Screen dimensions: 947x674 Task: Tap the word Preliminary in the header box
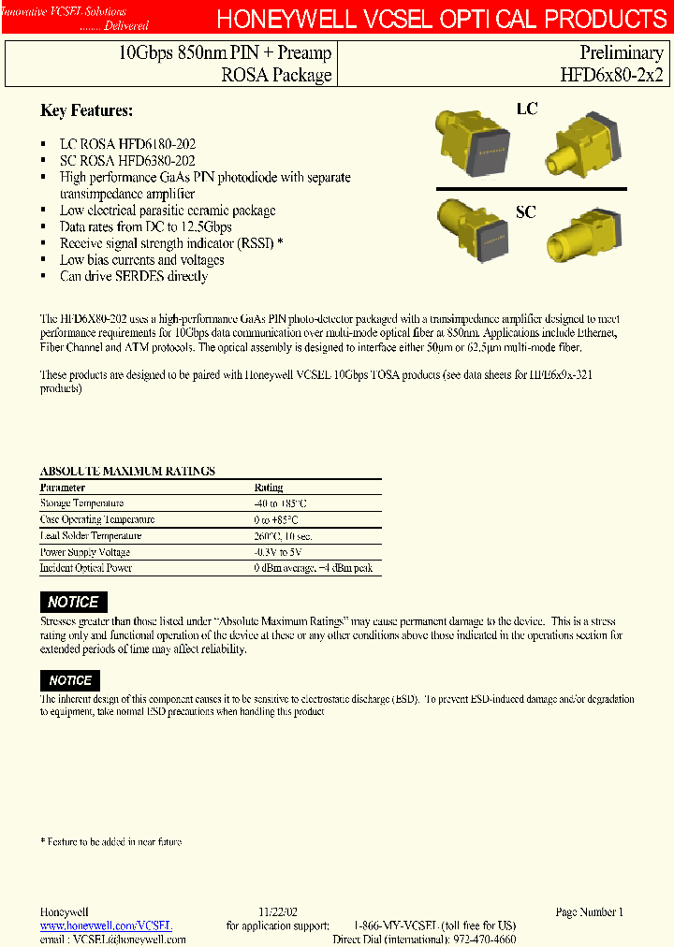[622, 53]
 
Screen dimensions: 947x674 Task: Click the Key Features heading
[86, 110]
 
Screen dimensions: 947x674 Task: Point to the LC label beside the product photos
[527, 109]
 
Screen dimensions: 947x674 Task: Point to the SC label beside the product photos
[526, 212]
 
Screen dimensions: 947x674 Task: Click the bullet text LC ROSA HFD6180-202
[127, 144]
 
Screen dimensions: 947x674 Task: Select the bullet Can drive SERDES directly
[133, 276]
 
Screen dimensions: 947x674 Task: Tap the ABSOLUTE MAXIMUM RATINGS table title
[127, 471]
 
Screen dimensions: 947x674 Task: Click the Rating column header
[269, 488]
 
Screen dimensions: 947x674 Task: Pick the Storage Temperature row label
[81, 503]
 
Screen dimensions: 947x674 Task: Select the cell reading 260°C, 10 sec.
[284, 536]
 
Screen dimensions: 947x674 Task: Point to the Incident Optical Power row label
[86, 568]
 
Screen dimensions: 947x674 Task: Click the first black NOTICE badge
[74, 602]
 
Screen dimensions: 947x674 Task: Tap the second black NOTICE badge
[70, 680]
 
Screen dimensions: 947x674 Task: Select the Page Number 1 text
[589, 911]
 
